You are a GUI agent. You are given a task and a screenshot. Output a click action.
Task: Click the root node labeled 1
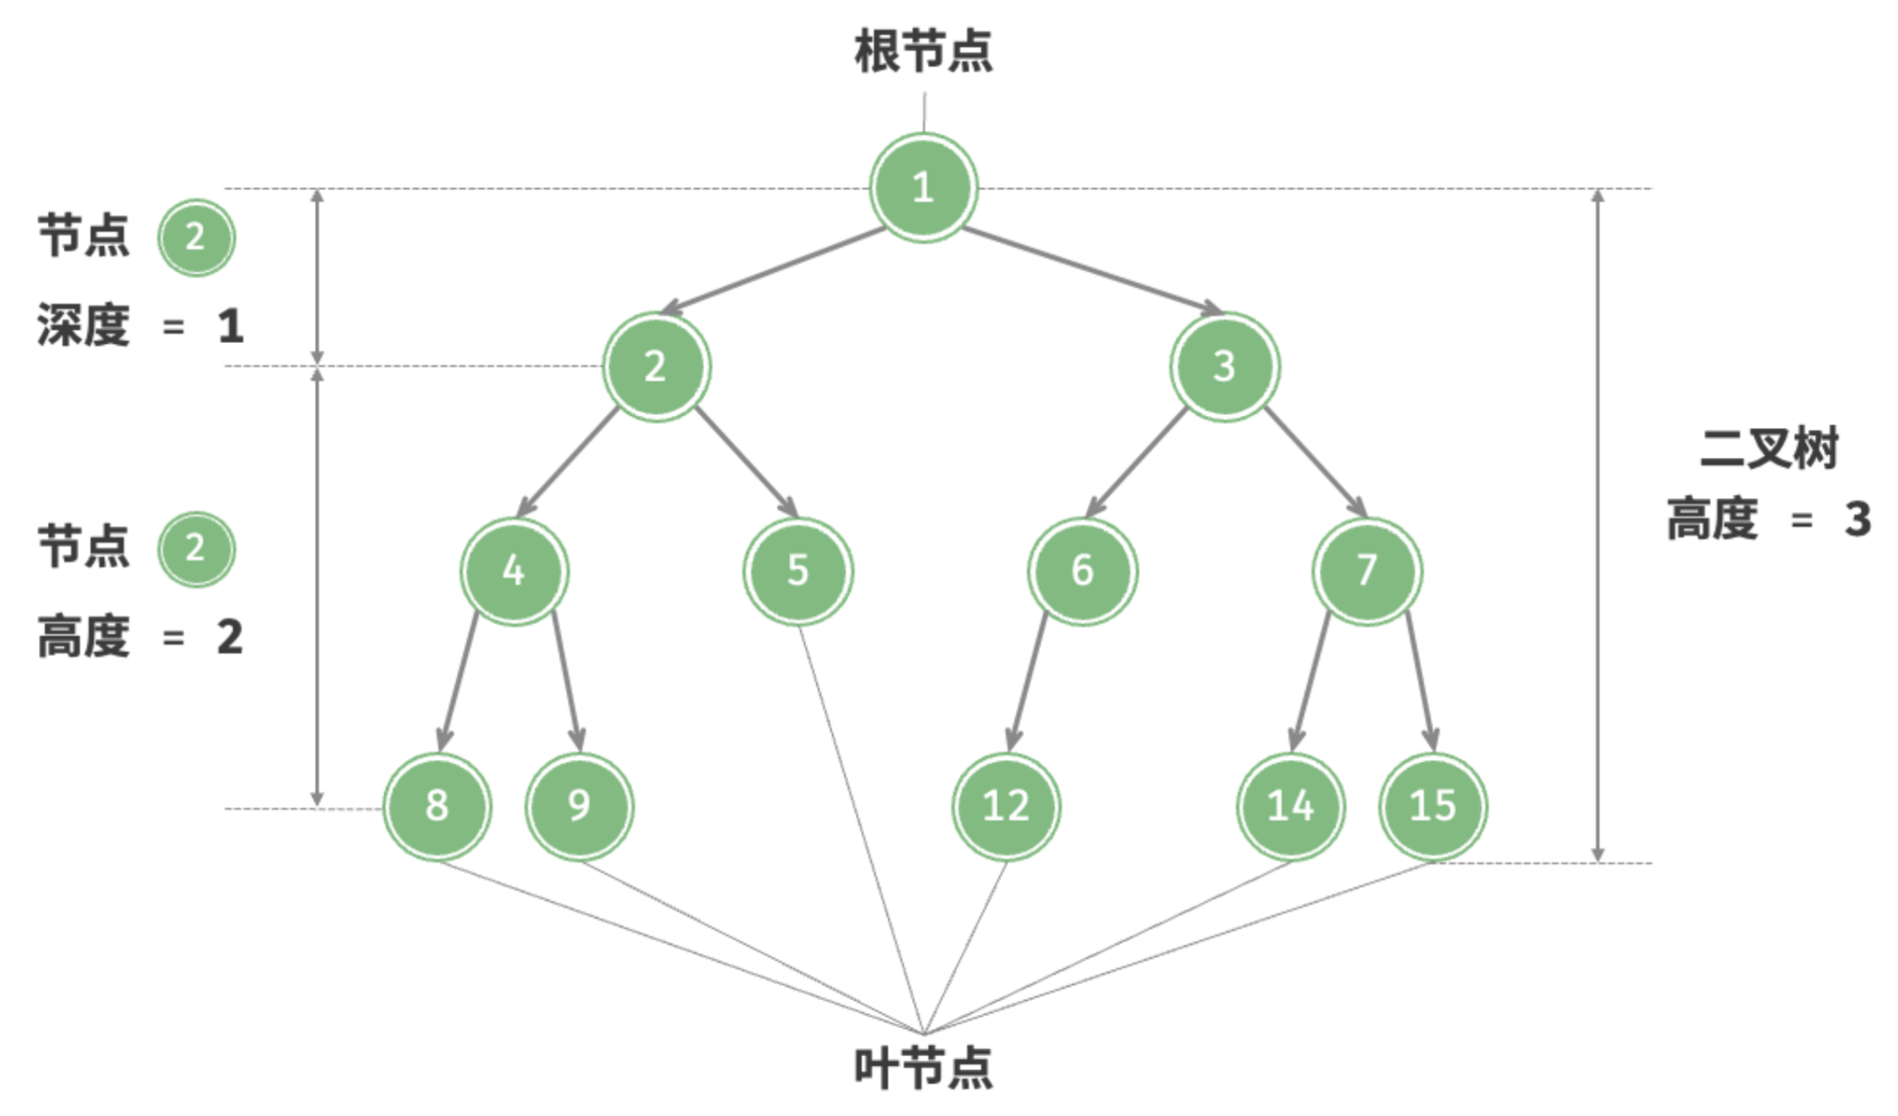tap(924, 188)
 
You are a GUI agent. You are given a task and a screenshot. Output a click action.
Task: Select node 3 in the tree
tap(1225, 366)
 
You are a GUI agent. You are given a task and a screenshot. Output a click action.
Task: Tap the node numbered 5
tap(798, 570)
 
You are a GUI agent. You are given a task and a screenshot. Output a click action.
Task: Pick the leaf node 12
tap(1006, 806)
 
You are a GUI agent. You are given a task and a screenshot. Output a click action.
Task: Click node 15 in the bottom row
tap(1432, 806)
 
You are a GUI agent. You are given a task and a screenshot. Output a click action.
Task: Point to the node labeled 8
tap(437, 806)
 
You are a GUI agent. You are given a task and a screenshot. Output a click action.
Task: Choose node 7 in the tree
tap(1367, 570)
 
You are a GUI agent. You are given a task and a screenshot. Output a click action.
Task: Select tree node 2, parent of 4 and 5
tap(655, 366)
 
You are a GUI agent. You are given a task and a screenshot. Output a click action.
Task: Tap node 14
tap(1290, 806)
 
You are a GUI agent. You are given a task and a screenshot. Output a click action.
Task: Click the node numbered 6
tap(1083, 570)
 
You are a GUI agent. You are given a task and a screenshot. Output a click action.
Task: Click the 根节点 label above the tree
tap(924, 50)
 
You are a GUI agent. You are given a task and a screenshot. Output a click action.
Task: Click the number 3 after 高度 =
tap(1858, 520)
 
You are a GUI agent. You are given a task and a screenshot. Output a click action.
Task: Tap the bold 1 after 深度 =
tap(231, 326)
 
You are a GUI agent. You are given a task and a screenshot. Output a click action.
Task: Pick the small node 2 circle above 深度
tap(195, 237)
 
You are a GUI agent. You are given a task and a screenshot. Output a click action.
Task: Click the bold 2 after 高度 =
tap(230, 637)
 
